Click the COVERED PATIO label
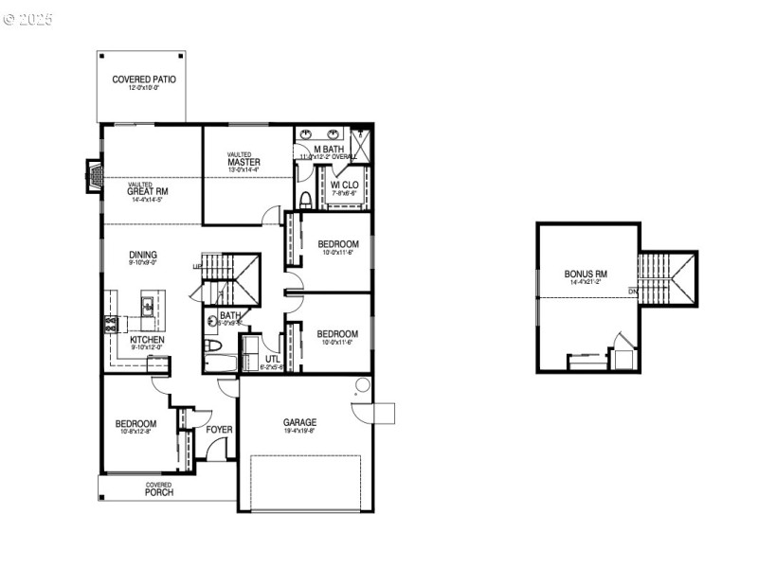[144, 80]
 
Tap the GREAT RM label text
[147, 190]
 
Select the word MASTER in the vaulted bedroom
[244, 162]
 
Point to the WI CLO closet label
[344, 185]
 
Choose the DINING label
[144, 255]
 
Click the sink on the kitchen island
[148, 305]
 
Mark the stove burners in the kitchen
[109, 324]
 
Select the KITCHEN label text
[147, 340]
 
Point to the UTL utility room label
[273, 360]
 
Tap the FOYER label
[220, 429]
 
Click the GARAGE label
[299, 422]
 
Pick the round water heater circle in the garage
[360, 384]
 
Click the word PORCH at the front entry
[158, 492]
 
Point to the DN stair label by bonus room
[632, 292]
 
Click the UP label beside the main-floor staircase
[196, 266]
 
